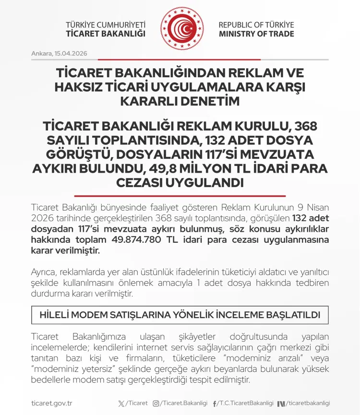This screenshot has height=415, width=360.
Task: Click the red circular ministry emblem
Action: [x=181, y=28]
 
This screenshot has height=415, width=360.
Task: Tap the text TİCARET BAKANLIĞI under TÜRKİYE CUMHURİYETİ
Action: [x=106, y=34]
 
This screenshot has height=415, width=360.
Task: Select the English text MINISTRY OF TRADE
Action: [x=256, y=34]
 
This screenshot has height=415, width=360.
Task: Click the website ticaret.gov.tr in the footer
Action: [x=51, y=403]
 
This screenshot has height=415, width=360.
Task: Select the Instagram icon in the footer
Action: [x=156, y=403]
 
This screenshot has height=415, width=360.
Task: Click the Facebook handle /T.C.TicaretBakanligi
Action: [x=245, y=403]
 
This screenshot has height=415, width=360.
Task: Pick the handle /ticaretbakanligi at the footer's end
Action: [x=309, y=403]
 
